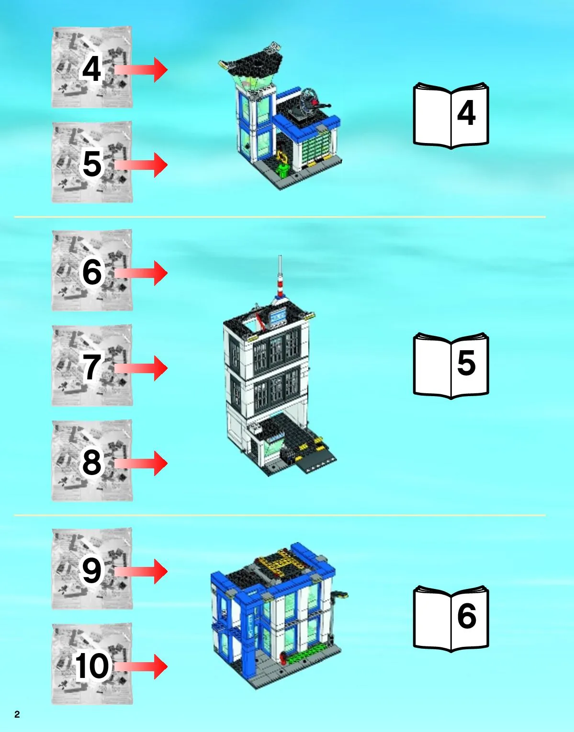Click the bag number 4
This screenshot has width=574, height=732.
pos(91,69)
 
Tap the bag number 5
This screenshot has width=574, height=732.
pos(91,164)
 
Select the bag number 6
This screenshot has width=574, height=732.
pos(92,272)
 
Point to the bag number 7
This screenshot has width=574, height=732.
pos(91,367)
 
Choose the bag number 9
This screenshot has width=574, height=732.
pos(92,570)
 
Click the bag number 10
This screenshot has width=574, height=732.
pos(92,665)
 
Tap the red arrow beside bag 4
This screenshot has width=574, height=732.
pos(141,70)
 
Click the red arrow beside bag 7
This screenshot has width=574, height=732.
pos(141,368)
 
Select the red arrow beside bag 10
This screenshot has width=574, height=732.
pos(141,666)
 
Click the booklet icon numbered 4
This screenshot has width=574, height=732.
pos(451,116)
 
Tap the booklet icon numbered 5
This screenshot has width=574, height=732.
pos(451,366)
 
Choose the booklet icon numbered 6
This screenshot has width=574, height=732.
pos(451,619)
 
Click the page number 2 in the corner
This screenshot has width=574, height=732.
pos(17,714)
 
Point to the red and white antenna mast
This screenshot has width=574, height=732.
pos(280,276)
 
